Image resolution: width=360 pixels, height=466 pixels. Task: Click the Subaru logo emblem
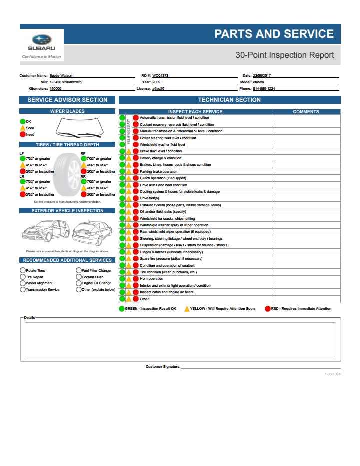[42, 40]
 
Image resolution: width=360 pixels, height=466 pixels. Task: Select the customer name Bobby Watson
[60, 75]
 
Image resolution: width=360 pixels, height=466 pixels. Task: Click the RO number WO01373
[160, 75]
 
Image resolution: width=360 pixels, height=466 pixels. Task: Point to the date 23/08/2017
[262, 75]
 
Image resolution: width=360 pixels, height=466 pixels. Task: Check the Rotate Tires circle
[23, 270]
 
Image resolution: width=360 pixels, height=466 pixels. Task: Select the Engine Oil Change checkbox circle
[78, 283]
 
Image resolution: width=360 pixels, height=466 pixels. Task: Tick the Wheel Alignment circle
[23, 283]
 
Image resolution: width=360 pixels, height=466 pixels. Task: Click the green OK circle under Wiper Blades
[23, 121]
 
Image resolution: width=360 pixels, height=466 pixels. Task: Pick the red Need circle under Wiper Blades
[23, 134]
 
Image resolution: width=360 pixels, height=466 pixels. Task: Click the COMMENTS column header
[306, 112]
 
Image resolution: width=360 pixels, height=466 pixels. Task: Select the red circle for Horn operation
[135, 279]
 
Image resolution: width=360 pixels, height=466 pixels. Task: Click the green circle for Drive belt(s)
[122, 198]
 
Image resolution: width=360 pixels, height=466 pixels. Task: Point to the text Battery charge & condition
[160, 158]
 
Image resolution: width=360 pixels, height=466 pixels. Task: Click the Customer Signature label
[163, 366]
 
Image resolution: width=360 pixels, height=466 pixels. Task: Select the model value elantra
[258, 82]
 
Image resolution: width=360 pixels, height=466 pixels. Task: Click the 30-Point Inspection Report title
[284, 55]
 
